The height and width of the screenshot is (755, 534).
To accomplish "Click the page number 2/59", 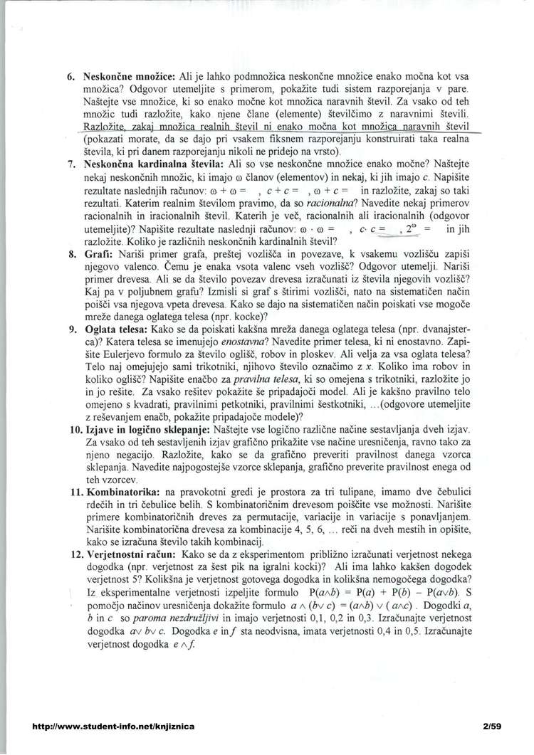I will point(491,726).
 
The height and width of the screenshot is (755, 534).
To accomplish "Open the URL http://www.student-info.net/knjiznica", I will point(108,726).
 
